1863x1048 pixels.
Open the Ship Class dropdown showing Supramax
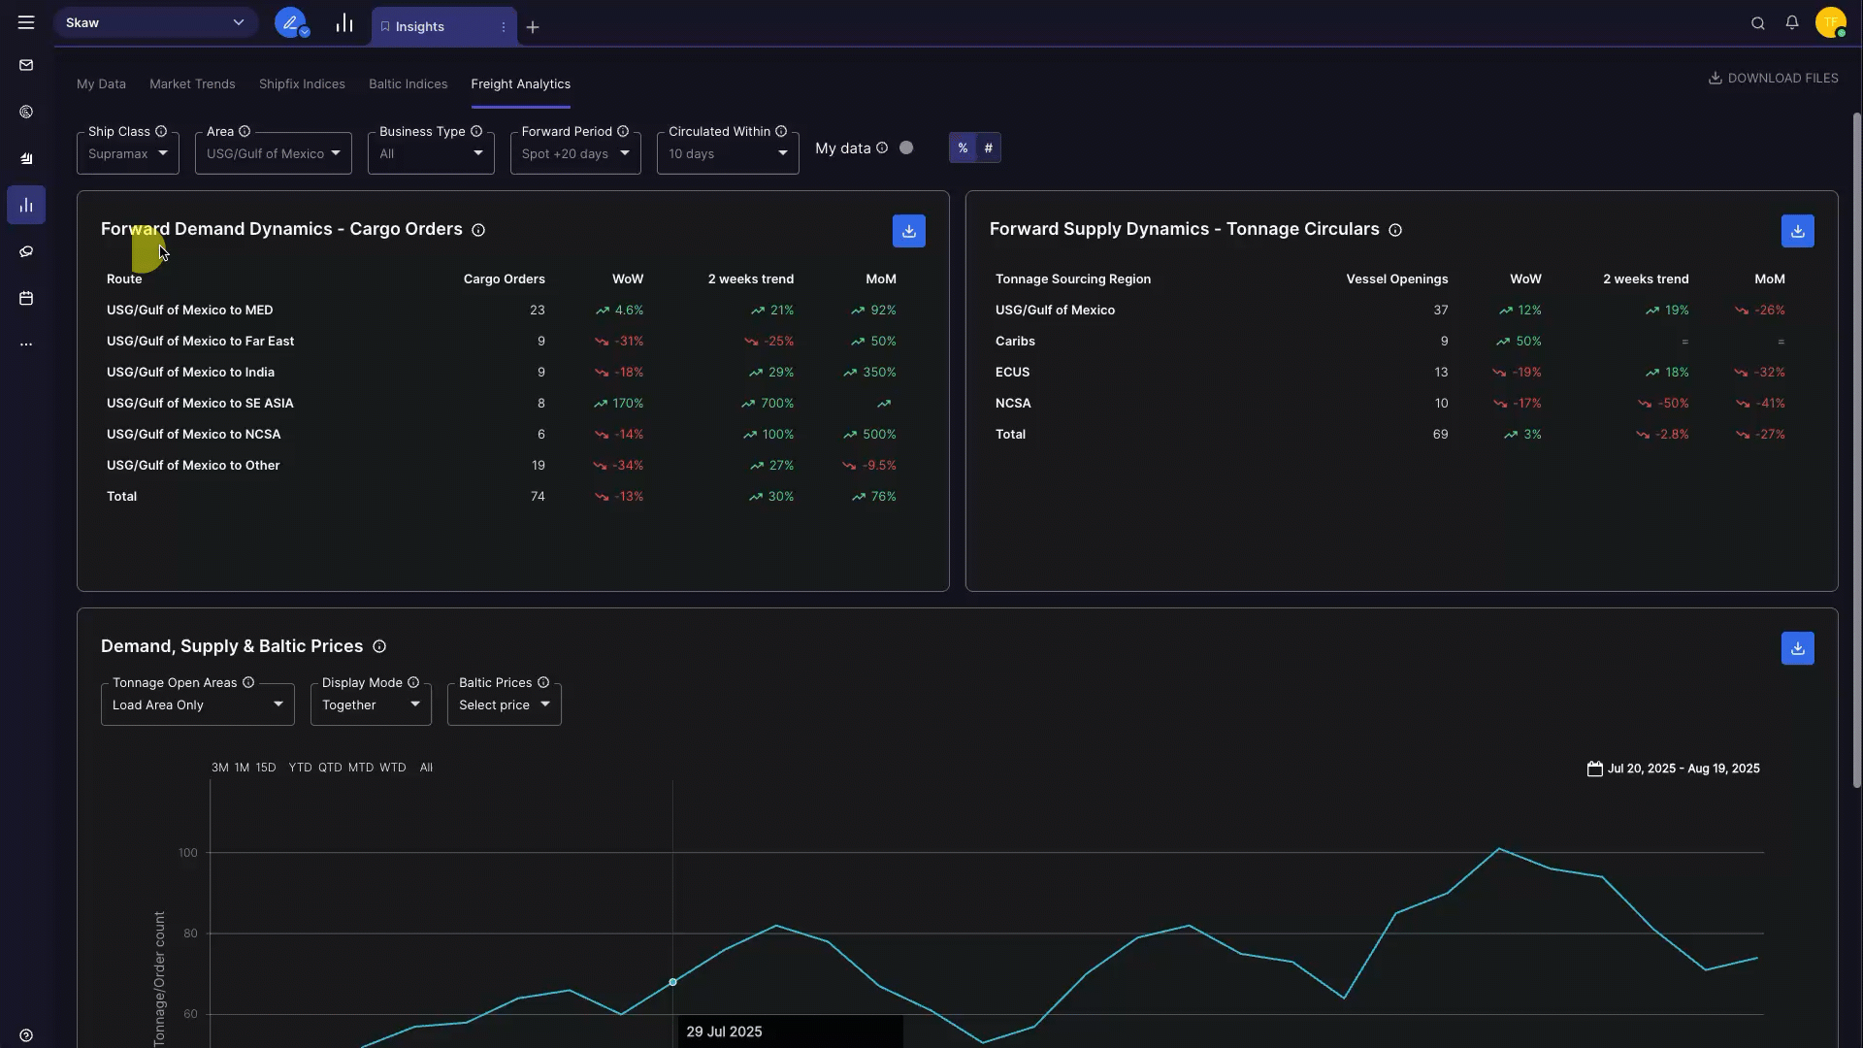(x=127, y=153)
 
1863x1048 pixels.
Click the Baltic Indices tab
(x=408, y=84)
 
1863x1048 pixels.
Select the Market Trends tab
(x=192, y=84)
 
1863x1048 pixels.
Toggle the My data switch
(x=905, y=147)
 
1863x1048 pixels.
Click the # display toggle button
(x=988, y=147)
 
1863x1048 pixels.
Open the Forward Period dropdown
(x=574, y=153)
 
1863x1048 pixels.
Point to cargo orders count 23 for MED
(x=537, y=310)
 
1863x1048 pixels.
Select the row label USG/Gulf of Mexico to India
(x=190, y=372)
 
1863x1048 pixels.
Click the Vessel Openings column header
(x=1396, y=278)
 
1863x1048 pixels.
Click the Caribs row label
(x=1015, y=341)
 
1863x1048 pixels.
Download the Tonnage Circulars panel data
(x=1797, y=231)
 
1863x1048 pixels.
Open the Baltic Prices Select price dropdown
(x=504, y=704)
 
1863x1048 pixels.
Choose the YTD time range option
(x=300, y=768)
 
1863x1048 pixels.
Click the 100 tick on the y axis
(x=187, y=853)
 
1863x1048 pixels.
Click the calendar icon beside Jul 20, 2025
(x=1594, y=769)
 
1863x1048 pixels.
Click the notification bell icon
(x=1791, y=22)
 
